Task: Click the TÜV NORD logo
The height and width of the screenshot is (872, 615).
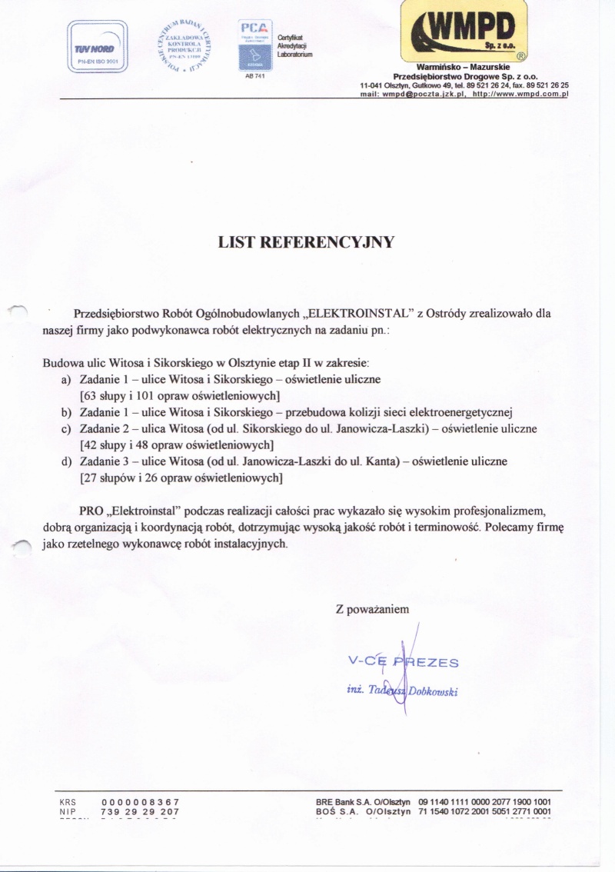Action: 98,48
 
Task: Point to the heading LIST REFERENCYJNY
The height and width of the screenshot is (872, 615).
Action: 307,243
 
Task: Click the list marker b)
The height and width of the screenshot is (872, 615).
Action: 66,412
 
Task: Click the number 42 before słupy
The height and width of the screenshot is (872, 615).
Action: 91,444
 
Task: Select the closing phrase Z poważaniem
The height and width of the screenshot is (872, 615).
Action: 377,609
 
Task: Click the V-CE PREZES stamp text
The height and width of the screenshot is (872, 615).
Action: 403,662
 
